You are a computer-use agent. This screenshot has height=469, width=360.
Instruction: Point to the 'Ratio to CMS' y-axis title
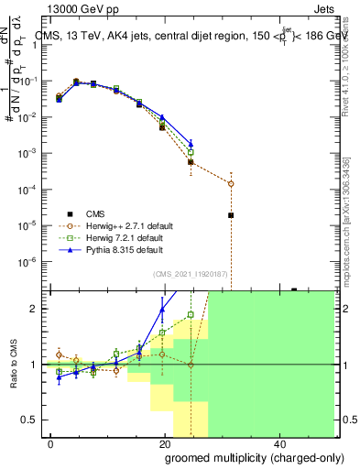(14, 364)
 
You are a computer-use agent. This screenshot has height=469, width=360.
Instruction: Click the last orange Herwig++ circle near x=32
(231, 183)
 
